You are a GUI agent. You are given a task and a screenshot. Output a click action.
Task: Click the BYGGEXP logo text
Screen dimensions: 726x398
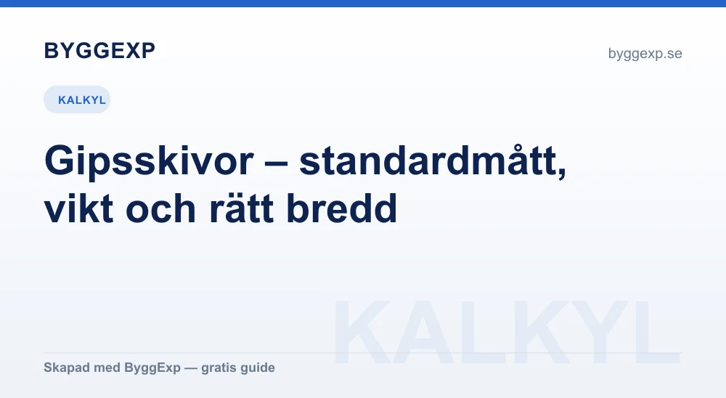(99, 51)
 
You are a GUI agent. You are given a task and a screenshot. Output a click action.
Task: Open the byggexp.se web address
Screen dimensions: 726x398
(645, 54)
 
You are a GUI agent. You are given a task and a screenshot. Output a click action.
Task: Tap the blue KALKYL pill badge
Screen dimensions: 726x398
(77, 99)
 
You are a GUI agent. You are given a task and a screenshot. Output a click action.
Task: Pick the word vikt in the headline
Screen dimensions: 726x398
(78, 208)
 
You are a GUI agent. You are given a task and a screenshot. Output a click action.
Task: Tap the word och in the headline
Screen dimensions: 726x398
(161, 208)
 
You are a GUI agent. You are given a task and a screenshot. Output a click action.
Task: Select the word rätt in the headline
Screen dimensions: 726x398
(241, 208)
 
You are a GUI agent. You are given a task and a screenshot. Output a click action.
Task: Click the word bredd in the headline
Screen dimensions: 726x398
(342, 208)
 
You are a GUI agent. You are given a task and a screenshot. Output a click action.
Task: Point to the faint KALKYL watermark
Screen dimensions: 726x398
(507, 332)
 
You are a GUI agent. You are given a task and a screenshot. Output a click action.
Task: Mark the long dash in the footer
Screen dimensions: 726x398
(191, 368)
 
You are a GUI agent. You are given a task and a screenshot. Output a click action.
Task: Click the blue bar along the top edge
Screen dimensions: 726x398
(363, 3)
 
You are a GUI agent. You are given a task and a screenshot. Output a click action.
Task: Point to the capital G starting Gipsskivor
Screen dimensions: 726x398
(60, 161)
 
